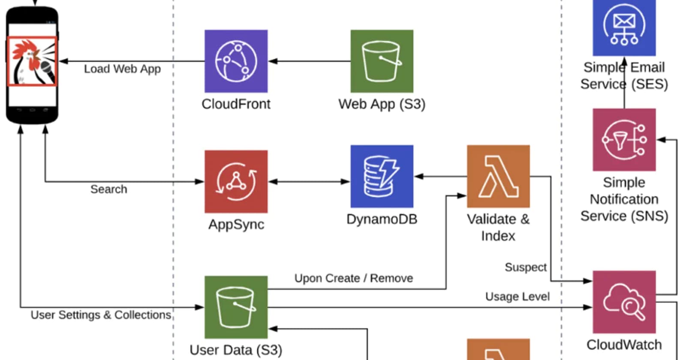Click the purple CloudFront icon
tap(236, 61)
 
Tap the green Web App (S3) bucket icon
tap(382, 61)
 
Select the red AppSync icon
tap(236, 181)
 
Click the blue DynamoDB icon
tap(382, 176)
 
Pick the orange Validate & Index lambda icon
tap(498, 176)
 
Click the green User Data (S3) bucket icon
tap(236, 307)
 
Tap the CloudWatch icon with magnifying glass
tap(624, 302)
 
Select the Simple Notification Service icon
tap(624, 140)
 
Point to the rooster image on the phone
tap(32, 61)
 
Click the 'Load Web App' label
tap(122, 69)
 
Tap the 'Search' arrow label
tap(108, 189)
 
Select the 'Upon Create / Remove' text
tap(353, 278)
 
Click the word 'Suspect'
tap(525, 267)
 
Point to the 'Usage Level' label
tap(517, 296)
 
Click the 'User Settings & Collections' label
tap(101, 315)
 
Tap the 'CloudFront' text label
tap(236, 104)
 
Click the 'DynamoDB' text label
tap(382, 219)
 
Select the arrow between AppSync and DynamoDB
tap(309, 181)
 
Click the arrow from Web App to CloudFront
tap(309, 61)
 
